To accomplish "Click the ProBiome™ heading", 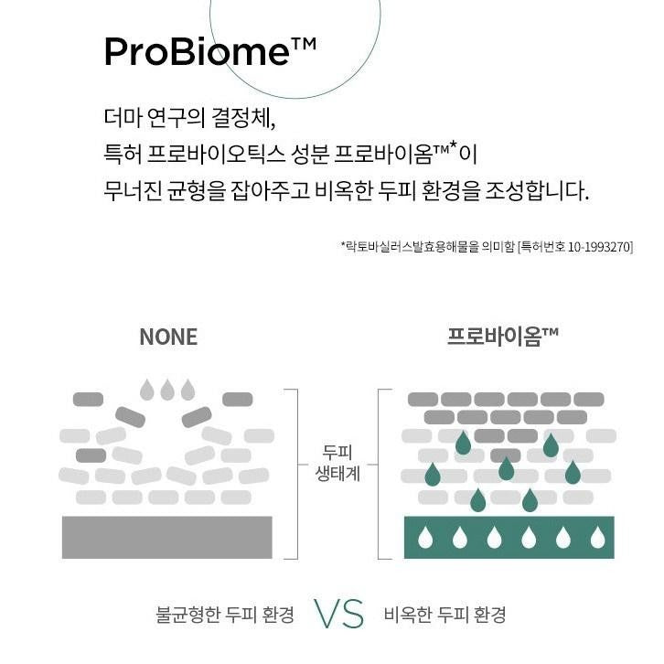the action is (210, 51).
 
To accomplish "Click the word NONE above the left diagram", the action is (168, 337).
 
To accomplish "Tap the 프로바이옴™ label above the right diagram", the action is (503, 337).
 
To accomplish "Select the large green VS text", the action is (338, 614).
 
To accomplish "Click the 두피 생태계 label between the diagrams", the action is (337, 463).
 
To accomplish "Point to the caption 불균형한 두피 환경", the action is (225, 615).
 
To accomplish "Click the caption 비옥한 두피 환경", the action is (444, 615).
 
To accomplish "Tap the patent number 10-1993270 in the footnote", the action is (599, 246).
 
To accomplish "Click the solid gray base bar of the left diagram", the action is (166, 538).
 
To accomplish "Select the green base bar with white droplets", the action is (509, 538).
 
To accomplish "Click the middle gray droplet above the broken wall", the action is (167, 390).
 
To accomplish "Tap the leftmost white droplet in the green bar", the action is (425, 537).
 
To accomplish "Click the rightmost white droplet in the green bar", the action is (597, 537).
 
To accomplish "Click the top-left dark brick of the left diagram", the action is (88, 400).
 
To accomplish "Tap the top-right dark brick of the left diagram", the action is (238, 400).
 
